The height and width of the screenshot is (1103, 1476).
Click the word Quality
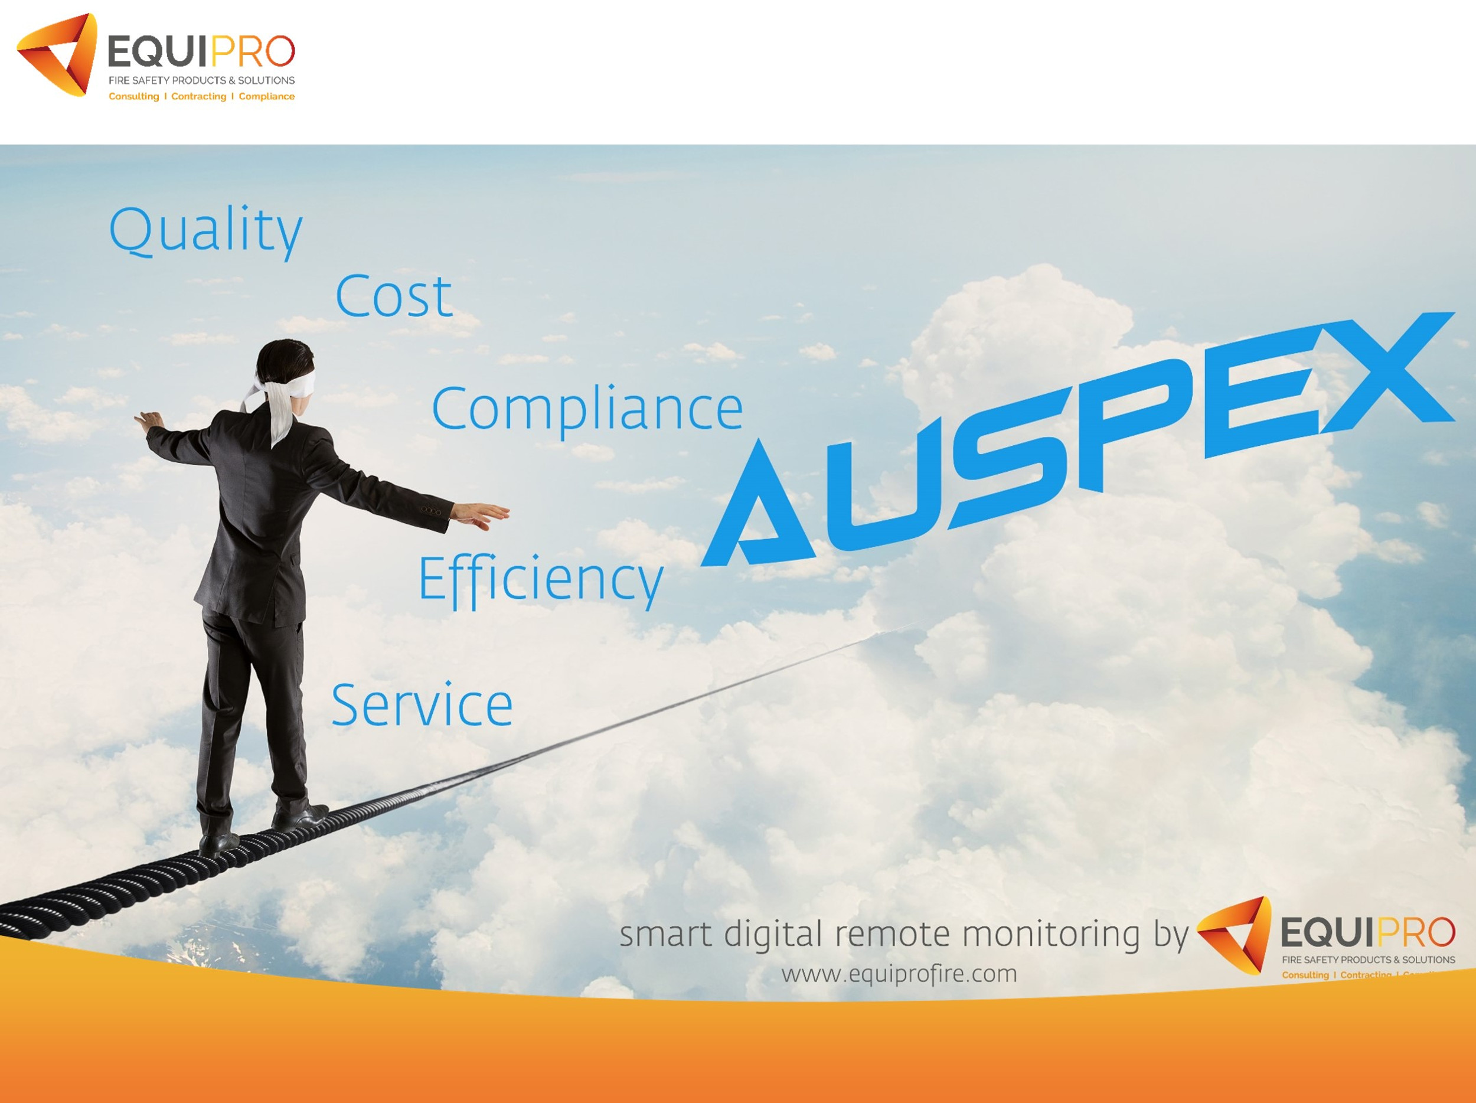(x=205, y=230)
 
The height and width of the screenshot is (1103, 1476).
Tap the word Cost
(x=394, y=296)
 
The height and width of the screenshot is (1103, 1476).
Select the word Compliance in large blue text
(x=587, y=409)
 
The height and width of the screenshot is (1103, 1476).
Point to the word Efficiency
(x=540, y=579)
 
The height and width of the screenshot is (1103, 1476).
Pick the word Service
(x=422, y=705)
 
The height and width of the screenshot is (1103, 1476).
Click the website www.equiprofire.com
(x=899, y=974)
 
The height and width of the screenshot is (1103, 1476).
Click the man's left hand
(x=148, y=420)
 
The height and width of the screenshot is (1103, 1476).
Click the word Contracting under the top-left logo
(x=198, y=97)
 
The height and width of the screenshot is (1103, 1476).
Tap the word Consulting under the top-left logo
(x=133, y=97)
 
